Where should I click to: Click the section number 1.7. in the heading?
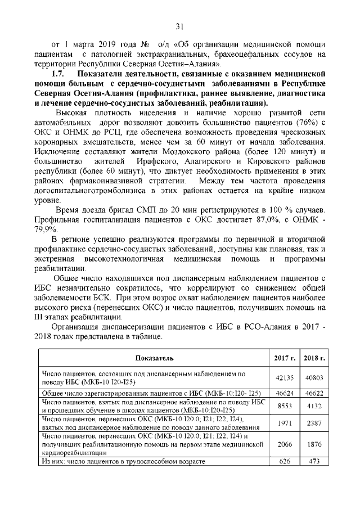point(60,74)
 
